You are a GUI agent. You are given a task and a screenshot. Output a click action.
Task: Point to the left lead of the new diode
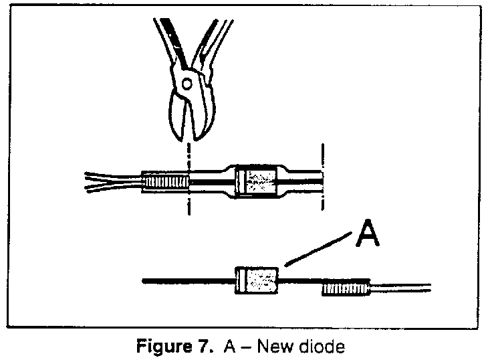[x=187, y=281]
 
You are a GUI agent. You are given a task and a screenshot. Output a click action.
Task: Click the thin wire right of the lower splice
[x=401, y=288]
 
